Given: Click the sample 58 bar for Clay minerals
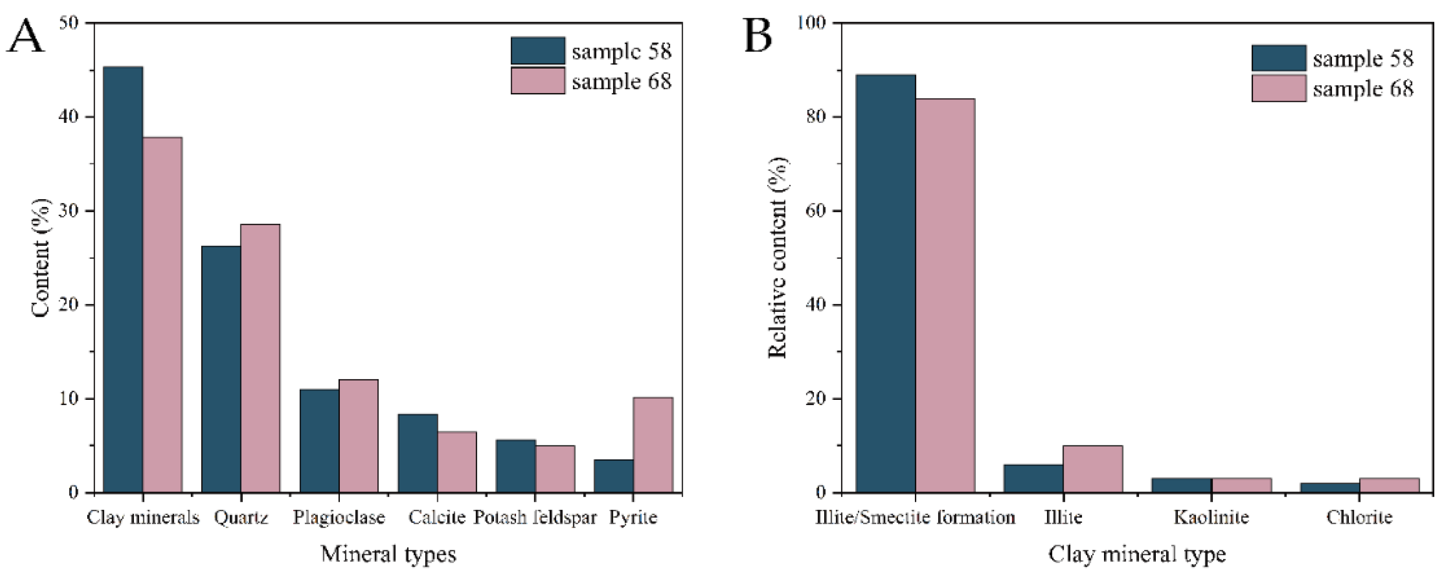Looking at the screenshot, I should point(123,279).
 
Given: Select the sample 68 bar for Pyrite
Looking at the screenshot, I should point(653,445).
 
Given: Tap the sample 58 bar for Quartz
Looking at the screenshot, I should point(221,369).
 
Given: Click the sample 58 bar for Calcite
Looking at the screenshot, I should point(418,453).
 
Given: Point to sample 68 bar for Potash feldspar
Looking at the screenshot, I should point(555,469).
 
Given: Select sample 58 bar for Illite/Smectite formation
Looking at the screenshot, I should point(886,283).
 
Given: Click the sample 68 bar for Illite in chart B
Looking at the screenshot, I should point(1093,469).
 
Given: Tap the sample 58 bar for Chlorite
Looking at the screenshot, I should point(1330,487).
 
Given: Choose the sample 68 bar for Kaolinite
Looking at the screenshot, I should point(1241,485).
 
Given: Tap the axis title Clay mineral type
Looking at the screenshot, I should point(1137,554).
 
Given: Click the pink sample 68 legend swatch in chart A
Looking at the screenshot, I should point(538,81).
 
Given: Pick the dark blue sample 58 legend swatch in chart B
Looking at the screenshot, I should point(1278,58).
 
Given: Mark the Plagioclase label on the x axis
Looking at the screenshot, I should point(338,517).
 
